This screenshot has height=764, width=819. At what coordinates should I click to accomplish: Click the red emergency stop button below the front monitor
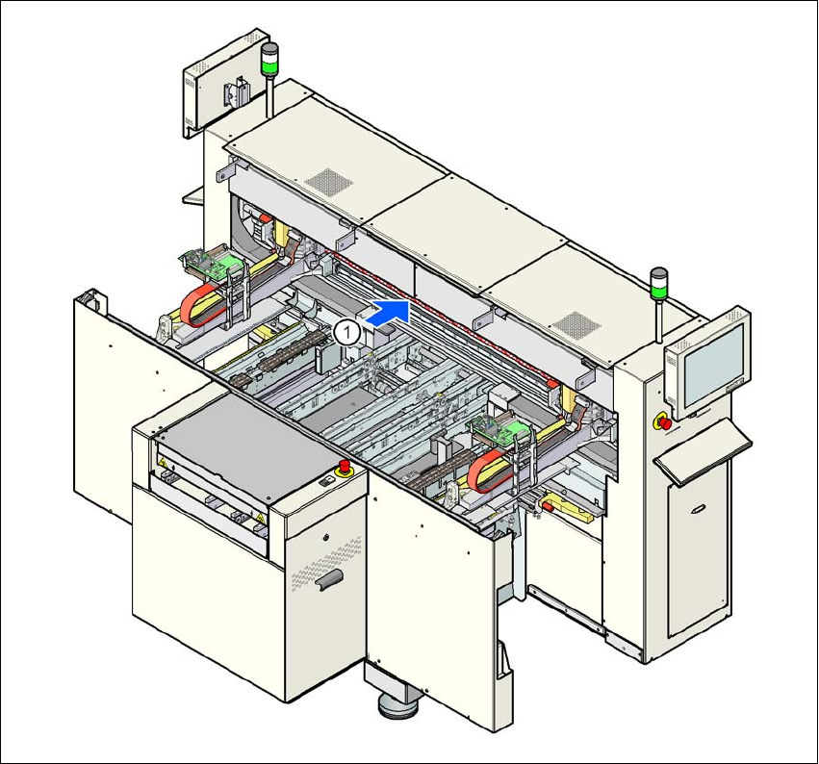click(663, 421)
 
